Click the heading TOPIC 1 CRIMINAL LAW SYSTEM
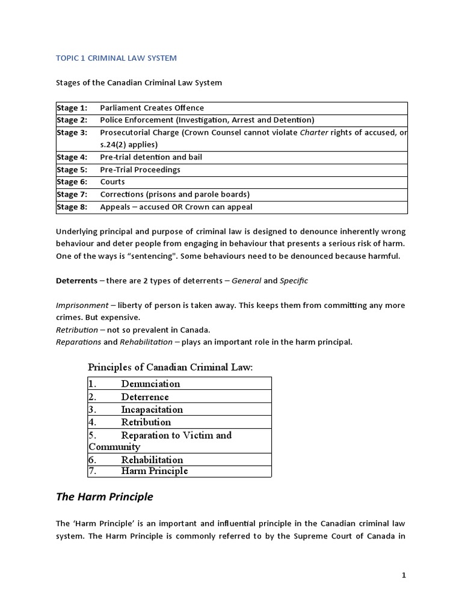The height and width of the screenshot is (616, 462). pos(116,58)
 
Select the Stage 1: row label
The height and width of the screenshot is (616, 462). pos(72,108)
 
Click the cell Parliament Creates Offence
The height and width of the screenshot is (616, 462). pos(152,108)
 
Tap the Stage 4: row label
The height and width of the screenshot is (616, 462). pos(72,157)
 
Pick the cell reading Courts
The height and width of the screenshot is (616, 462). pos(112,182)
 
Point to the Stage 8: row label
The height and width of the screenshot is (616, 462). pos(72,207)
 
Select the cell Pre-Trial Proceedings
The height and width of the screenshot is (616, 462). pos(140,170)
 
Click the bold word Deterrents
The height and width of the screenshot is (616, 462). pos(76,281)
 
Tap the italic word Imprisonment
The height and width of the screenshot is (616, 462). pos(82,306)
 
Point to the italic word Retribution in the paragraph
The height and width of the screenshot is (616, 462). pos(77,330)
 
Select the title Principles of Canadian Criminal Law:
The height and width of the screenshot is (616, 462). pos(170,367)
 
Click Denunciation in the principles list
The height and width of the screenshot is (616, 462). pos(150,383)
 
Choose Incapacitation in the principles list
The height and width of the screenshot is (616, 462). pos(152,409)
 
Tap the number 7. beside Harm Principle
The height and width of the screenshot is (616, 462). pos(93,471)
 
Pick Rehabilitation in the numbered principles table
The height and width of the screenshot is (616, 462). pos(152,460)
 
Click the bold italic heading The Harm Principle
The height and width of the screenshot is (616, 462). pos(104,497)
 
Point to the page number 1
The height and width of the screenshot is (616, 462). pos(404,575)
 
